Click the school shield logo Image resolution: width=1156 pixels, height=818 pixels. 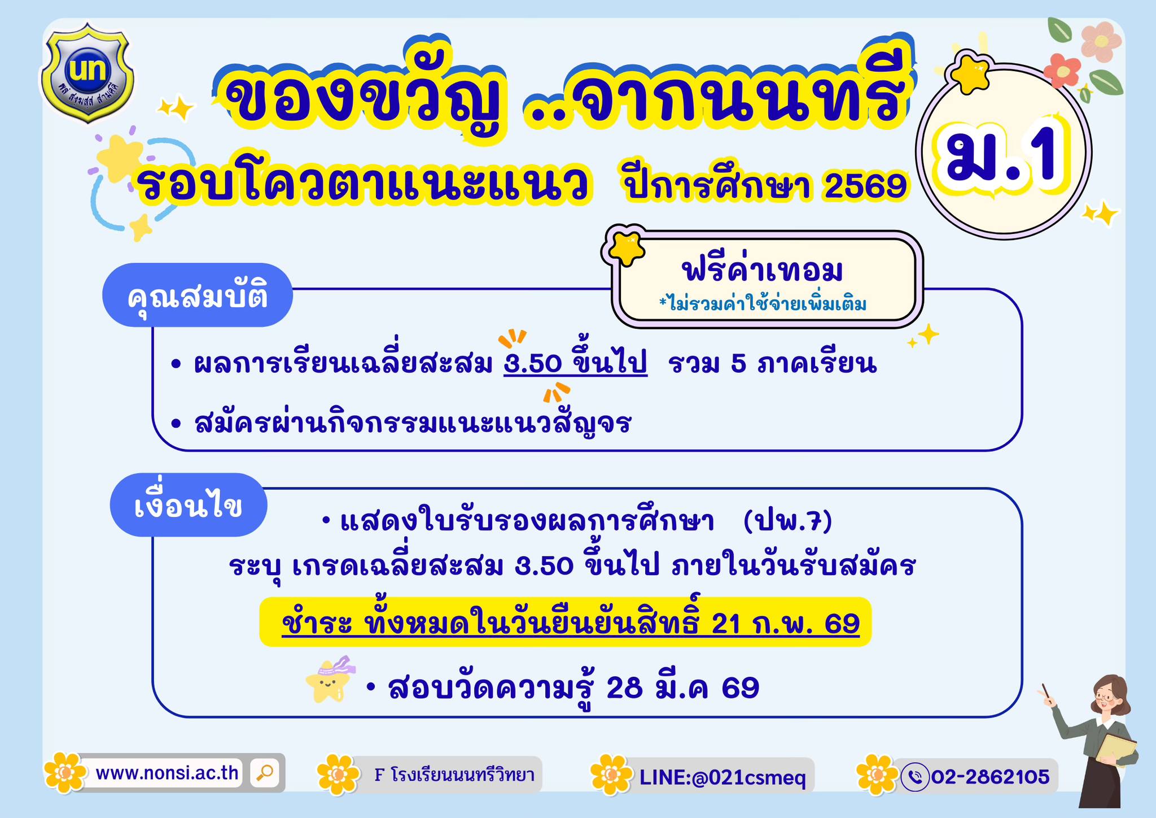tap(87, 72)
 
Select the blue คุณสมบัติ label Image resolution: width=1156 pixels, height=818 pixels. tap(198, 295)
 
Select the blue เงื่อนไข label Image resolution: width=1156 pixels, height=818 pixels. tap(189, 504)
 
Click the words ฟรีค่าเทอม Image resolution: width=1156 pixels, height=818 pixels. tap(763, 271)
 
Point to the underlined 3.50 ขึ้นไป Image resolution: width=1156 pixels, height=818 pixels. tap(575, 363)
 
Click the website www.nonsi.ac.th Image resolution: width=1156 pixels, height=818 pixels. tap(167, 772)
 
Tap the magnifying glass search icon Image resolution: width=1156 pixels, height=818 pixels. tap(264, 772)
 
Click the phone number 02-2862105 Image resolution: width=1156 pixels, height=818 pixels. tap(990, 777)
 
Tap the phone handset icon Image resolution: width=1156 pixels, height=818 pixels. tap(914, 777)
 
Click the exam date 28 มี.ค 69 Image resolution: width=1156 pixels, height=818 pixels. tap(682, 688)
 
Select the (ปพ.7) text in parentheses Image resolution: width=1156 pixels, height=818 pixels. tap(788, 521)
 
